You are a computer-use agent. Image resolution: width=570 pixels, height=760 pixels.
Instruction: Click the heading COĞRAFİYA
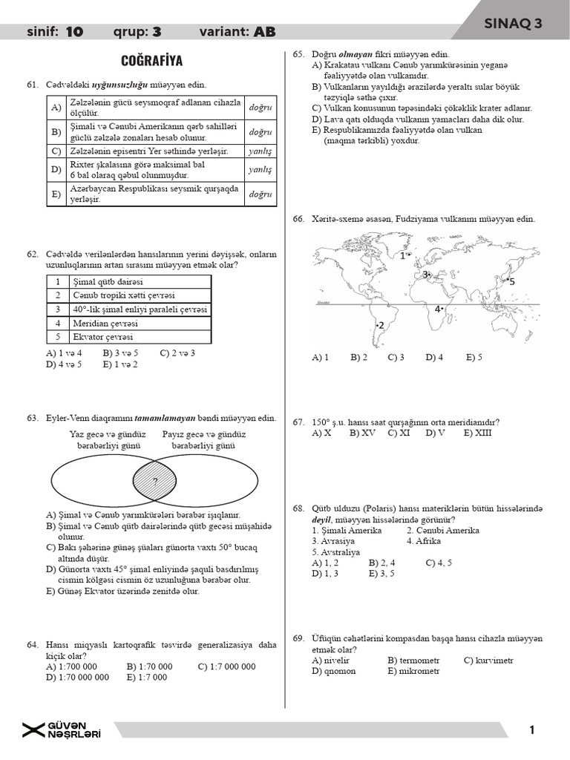point(151,60)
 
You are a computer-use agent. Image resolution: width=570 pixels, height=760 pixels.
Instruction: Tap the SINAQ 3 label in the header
point(513,24)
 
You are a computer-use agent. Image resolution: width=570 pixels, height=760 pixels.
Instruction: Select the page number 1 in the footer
point(532,730)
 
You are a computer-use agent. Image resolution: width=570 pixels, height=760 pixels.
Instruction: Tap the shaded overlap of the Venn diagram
point(154,481)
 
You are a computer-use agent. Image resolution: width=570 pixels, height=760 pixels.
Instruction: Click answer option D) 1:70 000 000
point(77,677)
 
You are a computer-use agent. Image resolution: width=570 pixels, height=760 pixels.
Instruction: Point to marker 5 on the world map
point(510,282)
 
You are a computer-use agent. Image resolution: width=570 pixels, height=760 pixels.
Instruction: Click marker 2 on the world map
point(380,326)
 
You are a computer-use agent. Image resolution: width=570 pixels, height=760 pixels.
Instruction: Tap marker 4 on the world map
point(439,309)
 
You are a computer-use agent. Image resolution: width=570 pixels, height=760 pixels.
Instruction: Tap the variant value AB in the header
point(264,32)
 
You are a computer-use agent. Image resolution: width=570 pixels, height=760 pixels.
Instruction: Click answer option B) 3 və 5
point(119,353)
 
